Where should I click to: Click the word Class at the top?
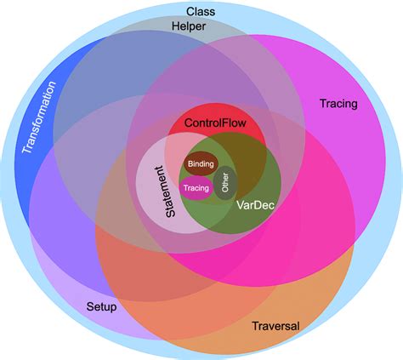pos(201,11)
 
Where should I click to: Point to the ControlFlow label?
pos(214,123)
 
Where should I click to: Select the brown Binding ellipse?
pos(201,163)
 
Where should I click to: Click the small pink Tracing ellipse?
pos(196,188)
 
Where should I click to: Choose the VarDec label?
pos(255,205)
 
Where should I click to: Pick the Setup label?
pos(101,306)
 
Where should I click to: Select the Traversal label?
pos(276,325)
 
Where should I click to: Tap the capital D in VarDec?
pos(258,205)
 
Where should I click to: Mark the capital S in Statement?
pos(172,224)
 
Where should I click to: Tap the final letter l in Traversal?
pos(298,325)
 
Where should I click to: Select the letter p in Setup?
pos(114,306)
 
